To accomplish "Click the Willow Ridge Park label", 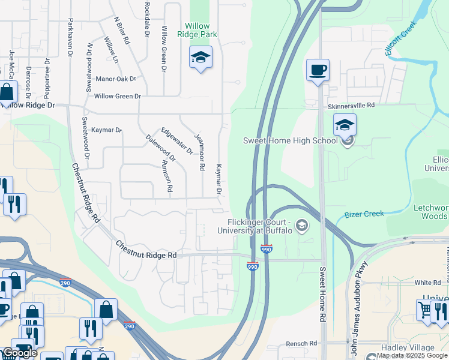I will (x=197, y=30).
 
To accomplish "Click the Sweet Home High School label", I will (x=291, y=140).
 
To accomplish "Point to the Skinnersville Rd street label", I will (x=351, y=105).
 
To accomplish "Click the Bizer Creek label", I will (x=364, y=214).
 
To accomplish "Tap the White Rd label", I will (x=427, y=282).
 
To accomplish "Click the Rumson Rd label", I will (x=167, y=176).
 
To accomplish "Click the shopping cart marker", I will (x=426, y=310).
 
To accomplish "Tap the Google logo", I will (x=20, y=353).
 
